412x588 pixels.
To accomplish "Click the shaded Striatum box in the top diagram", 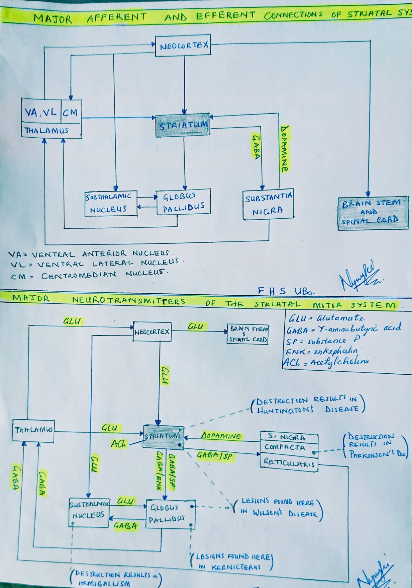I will (183, 125).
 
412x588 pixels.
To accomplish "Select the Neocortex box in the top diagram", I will (184, 45).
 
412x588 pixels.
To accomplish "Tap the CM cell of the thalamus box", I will (71, 112).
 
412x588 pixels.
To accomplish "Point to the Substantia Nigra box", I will (268, 204).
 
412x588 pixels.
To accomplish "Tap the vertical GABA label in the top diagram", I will (256, 147).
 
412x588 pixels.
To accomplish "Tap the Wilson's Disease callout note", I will (278, 507).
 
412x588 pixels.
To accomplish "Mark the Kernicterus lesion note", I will (233, 562).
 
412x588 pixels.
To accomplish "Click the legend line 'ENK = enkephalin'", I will (321, 351).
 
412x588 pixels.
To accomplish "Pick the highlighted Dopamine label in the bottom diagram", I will (221, 436).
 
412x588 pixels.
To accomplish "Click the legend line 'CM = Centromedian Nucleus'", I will (89, 276).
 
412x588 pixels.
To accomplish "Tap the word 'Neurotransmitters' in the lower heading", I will (129, 301).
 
